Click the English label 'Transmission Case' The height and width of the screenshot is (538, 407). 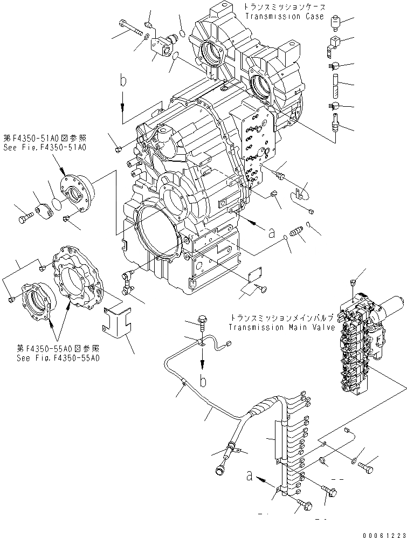tap(285, 17)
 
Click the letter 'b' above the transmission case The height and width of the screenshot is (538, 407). tap(124, 81)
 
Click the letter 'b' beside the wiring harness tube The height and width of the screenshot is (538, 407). tap(203, 381)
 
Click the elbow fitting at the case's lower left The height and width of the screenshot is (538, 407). tap(127, 282)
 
